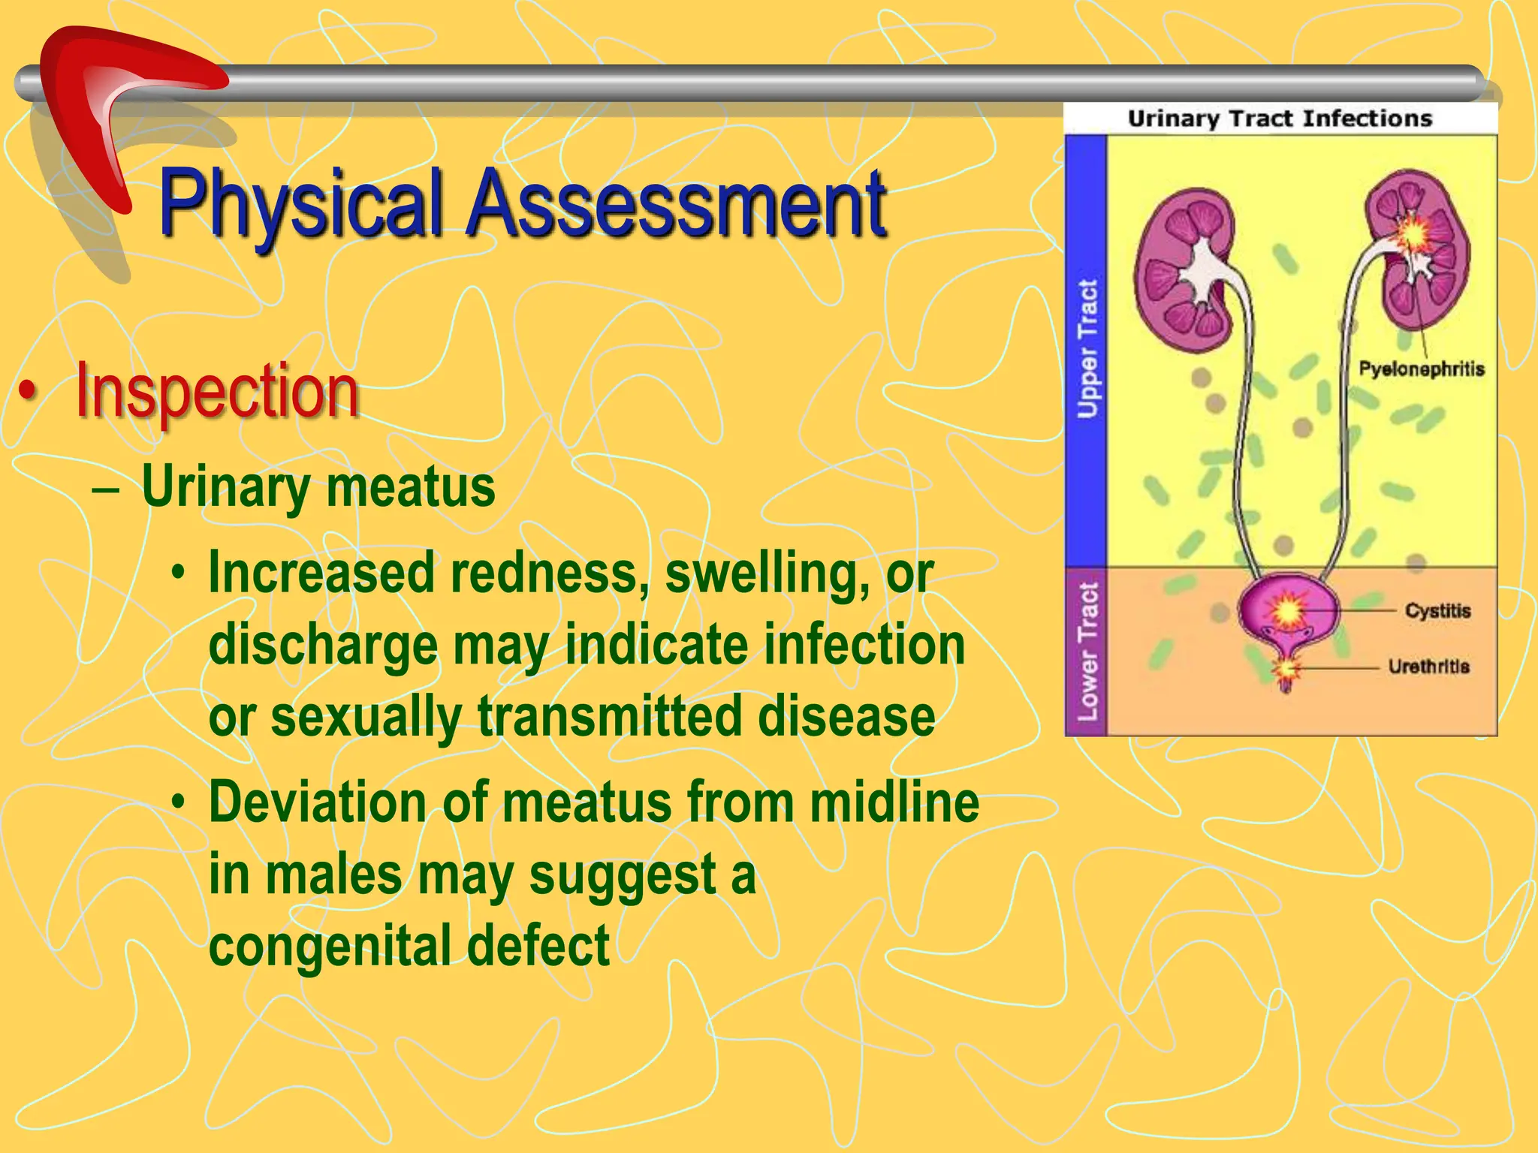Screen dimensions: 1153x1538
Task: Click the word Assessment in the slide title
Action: click(x=676, y=204)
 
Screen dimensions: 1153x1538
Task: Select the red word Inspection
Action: click(x=217, y=392)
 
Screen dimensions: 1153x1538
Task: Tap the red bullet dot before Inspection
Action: click(x=28, y=392)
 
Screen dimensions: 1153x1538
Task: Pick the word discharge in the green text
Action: click(x=323, y=646)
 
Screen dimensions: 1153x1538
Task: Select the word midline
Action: click(x=894, y=802)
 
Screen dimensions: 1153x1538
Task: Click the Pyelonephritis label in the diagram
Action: click(x=1421, y=369)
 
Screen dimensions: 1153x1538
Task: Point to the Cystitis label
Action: click(x=1437, y=610)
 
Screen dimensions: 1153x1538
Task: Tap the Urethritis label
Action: click(x=1428, y=666)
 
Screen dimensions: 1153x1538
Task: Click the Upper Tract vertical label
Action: click(x=1087, y=349)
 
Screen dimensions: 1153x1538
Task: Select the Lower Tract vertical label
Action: click(x=1087, y=651)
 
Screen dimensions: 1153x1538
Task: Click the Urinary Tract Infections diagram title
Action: click(x=1280, y=119)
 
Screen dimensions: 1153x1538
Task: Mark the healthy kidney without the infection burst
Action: click(x=1187, y=270)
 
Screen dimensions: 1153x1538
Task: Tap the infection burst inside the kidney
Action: click(x=1415, y=234)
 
